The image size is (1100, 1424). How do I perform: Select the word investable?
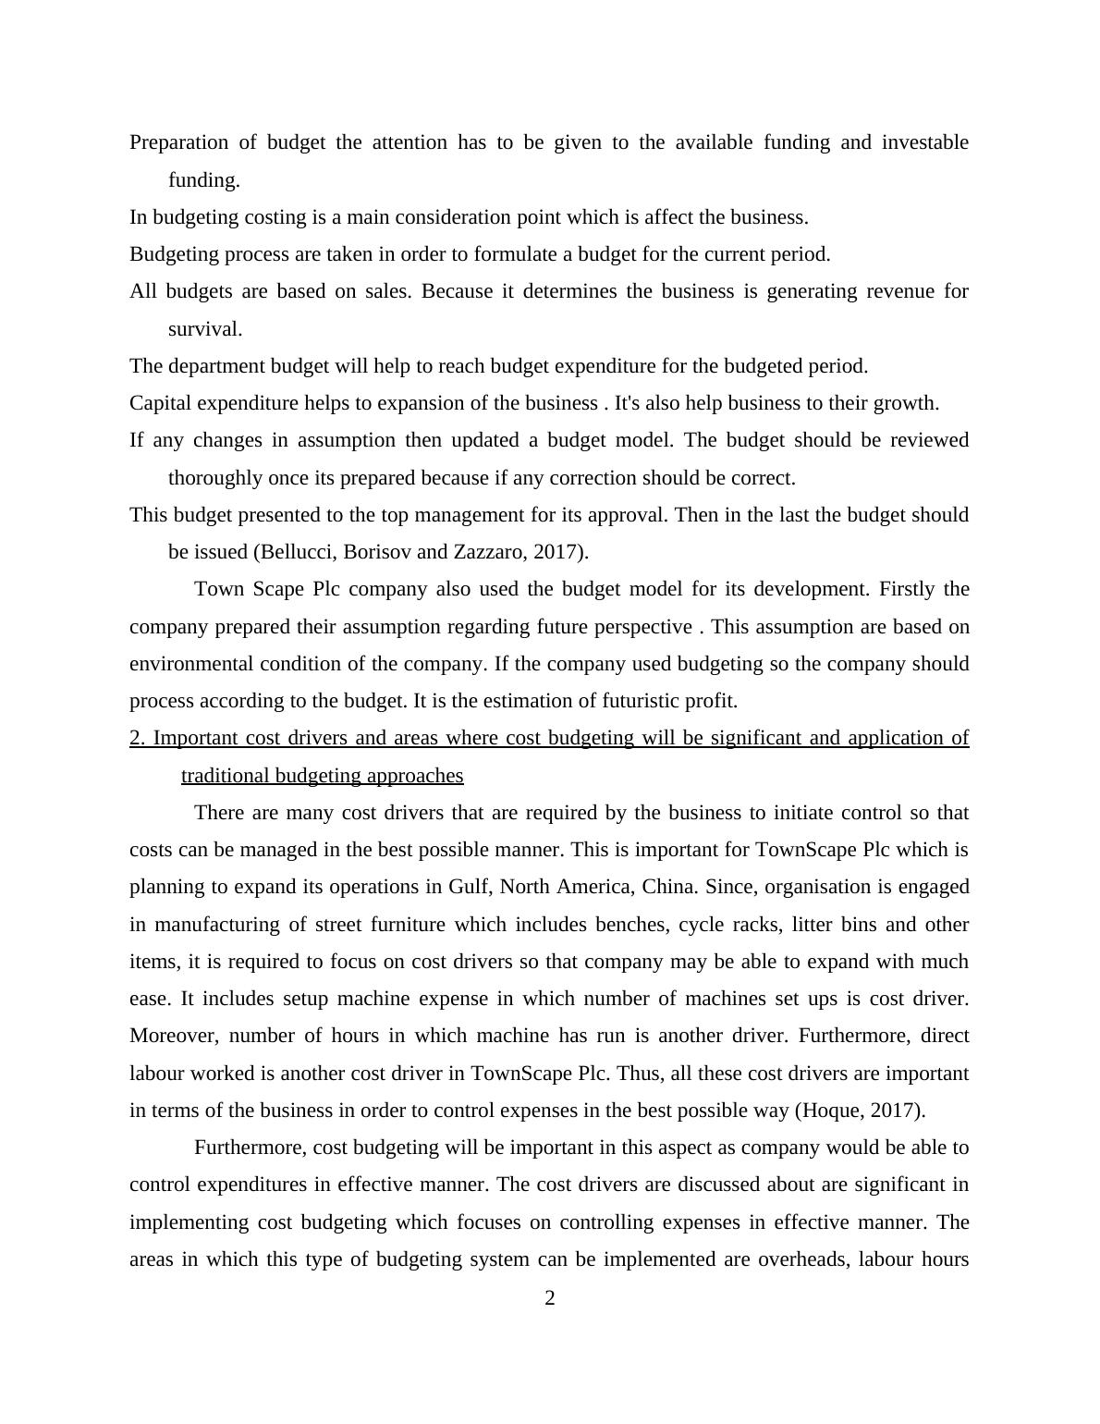pyautogui.click(x=924, y=142)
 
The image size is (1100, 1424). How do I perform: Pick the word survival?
pyautogui.click(x=204, y=329)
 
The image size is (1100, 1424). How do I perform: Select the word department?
pyautogui.click(x=217, y=366)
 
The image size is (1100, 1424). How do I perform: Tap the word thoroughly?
pyautogui.click(x=215, y=478)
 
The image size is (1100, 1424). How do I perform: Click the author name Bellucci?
pyautogui.click(x=299, y=552)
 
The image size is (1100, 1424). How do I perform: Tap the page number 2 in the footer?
pyautogui.click(x=550, y=1299)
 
